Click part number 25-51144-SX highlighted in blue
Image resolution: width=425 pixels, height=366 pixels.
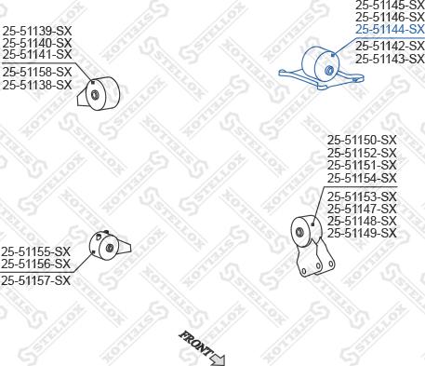pyautogui.click(x=390, y=30)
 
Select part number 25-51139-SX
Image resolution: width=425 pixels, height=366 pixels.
pyautogui.click(x=36, y=31)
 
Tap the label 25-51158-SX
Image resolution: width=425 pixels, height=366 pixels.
pyautogui.click(x=36, y=72)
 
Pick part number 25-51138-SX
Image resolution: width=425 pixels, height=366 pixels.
pyautogui.click(x=36, y=85)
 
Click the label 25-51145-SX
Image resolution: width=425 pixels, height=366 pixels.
pyautogui.click(x=390, y=6)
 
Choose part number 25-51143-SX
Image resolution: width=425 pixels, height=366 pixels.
pyautogui.click(x=390, y=59)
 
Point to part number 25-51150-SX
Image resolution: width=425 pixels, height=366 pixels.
pyautogui.click(x=362, y=141)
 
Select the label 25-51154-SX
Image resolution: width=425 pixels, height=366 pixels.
pyautogui.click(x=362, y=178)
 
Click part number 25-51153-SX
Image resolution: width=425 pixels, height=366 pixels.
pyautogui.click(x=362, y=197)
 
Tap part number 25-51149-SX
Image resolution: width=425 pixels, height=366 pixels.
pyautogui.click(x=362, y=234)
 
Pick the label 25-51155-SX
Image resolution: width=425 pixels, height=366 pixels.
pyautogui.click(x=35, y=251)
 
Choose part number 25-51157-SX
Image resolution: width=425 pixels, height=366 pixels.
pyautogui.click(x=35, y=280)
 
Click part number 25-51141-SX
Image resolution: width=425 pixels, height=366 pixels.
pyautogui.click(x=36, y=55)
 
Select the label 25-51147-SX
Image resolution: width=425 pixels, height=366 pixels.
pyautogui.click(x=362, y=210)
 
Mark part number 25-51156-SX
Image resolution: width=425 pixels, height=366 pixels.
pyautogui.click(x=35, y=264)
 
